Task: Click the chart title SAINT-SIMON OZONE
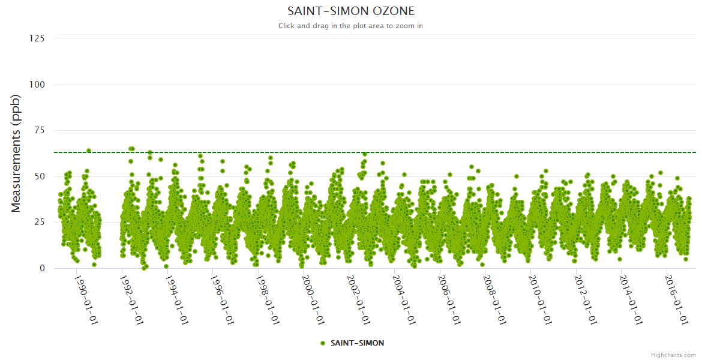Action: click(x=351, y=11)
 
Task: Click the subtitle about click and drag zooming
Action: click(x=351, y=26)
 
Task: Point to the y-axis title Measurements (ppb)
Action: click(x=16, y=153)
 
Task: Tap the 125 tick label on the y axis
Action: click(x=37, y=38)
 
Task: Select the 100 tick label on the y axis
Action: click(x=37, y=85)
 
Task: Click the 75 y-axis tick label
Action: click(x=40, y=130)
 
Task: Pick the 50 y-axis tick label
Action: click(x=40, y=176)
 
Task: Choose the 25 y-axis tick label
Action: click(x=40, y=223)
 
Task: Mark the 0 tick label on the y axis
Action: click(x=42, y=268)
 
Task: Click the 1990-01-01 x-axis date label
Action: click(x=86, y=299)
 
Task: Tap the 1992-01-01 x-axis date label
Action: click(x=131, y=299)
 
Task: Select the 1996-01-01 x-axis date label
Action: click(x=222, y=299)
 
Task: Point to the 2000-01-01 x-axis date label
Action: click(x=313, y=299)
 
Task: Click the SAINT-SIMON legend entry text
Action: click(x=357, y=343)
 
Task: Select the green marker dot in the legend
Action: click(x=323, y=343)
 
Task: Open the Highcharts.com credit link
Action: click(x=673, y=355)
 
